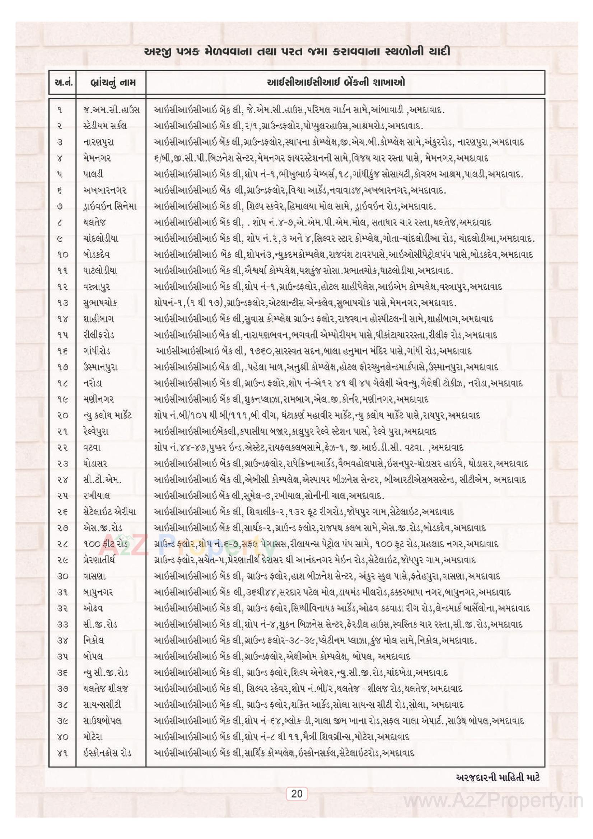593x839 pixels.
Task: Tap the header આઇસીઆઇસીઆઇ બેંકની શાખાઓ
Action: pyautogui.click(x=336, y=82)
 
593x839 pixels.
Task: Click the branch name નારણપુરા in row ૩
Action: pyautogui.click(x=99, y=142)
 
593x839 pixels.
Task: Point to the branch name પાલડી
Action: pyautogui.click(x=93, y=174)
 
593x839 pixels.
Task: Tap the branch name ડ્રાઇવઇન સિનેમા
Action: pyautogui.click(x=110, y=206)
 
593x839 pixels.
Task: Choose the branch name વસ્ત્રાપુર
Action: pyautogui.click(x=97, y=286)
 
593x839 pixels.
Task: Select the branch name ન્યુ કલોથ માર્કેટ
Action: pyautogui.click(x=107, y=415)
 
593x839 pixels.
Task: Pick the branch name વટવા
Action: pyautogui.click(x=92, y=447)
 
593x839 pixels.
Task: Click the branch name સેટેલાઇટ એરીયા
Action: pyautogui.click(x=109, y=512)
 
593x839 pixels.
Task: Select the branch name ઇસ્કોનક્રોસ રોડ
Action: pyautogui.click(x=107, y=753)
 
